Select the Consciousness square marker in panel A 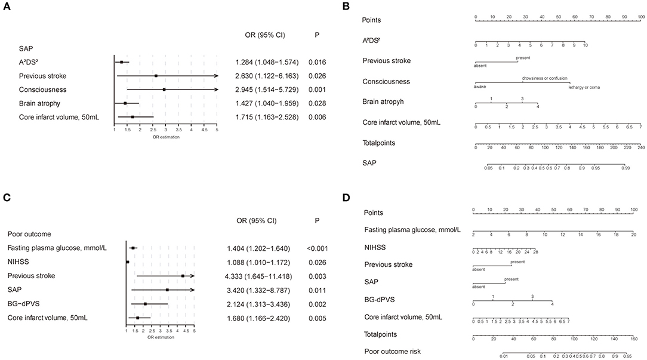164,90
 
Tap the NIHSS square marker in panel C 127,261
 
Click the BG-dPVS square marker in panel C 145,304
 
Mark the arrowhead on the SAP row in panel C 192,290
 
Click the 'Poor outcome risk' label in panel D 392,351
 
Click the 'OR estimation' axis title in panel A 166,137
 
